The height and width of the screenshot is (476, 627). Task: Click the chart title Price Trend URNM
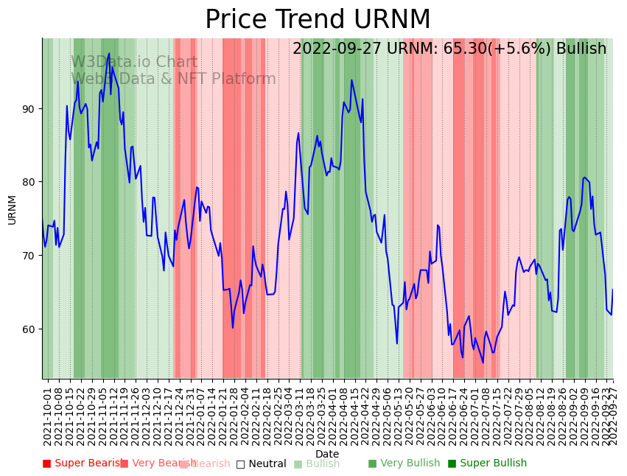318,20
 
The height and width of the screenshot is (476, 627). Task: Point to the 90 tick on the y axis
29,109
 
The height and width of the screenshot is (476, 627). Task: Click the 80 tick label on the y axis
29,182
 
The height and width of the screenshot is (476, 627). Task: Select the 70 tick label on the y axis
29,256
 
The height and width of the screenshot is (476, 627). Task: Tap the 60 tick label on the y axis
29,329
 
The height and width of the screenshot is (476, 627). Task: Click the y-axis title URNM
12,209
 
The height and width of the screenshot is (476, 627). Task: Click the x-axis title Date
327,454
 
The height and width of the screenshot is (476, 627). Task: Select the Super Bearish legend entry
81,463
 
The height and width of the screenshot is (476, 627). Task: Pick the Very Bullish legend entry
404,463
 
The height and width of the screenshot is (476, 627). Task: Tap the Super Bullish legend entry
487,463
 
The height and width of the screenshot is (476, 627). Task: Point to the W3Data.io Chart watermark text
134,63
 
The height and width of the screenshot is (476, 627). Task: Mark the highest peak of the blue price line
109,54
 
